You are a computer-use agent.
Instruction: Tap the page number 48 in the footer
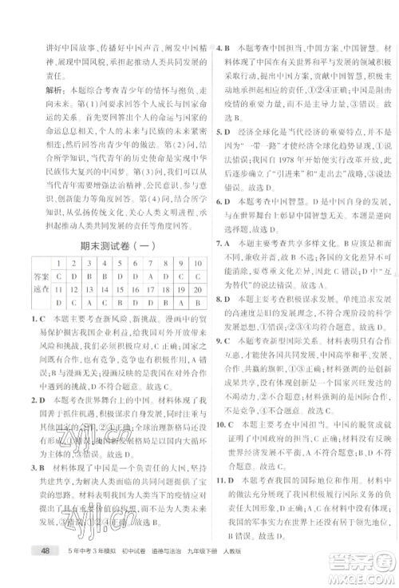pyautogui.click(x=38, y=574)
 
